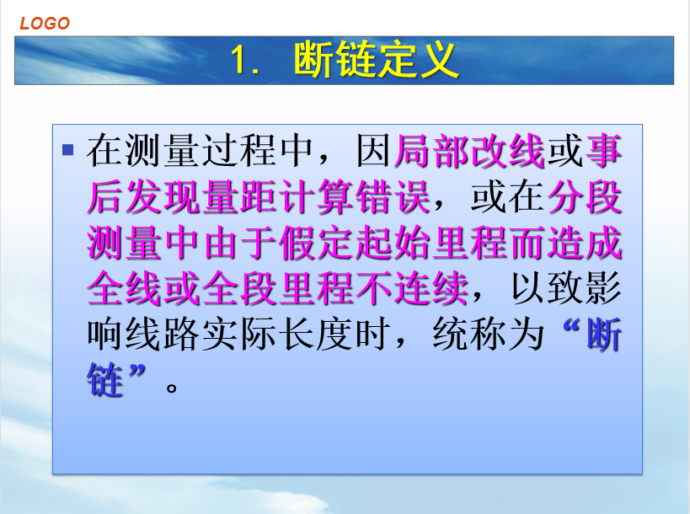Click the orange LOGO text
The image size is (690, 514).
click(x=45, y=24)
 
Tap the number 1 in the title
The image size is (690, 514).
click(x=239, y=60)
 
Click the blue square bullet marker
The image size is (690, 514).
click(x=67, y=150)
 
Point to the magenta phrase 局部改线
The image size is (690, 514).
click(x=469, y=152)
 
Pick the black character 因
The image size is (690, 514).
click(x=373, y=152)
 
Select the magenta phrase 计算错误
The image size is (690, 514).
click(x=356, y=197)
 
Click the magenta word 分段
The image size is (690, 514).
click(x=585, y=197)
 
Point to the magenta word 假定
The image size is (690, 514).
click(x=317, y=243)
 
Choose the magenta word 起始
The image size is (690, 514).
click(x=393, y=243)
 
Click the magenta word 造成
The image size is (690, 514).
click(x=585, y=243)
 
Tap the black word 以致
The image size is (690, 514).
click(x=547, y=289)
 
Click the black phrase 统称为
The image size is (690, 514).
click(x=489, y=335)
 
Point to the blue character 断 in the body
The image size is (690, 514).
click(x=604, y=335)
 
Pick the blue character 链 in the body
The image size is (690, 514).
click(x=104, y=380)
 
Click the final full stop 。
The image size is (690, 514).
click(x=172, y=388)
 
